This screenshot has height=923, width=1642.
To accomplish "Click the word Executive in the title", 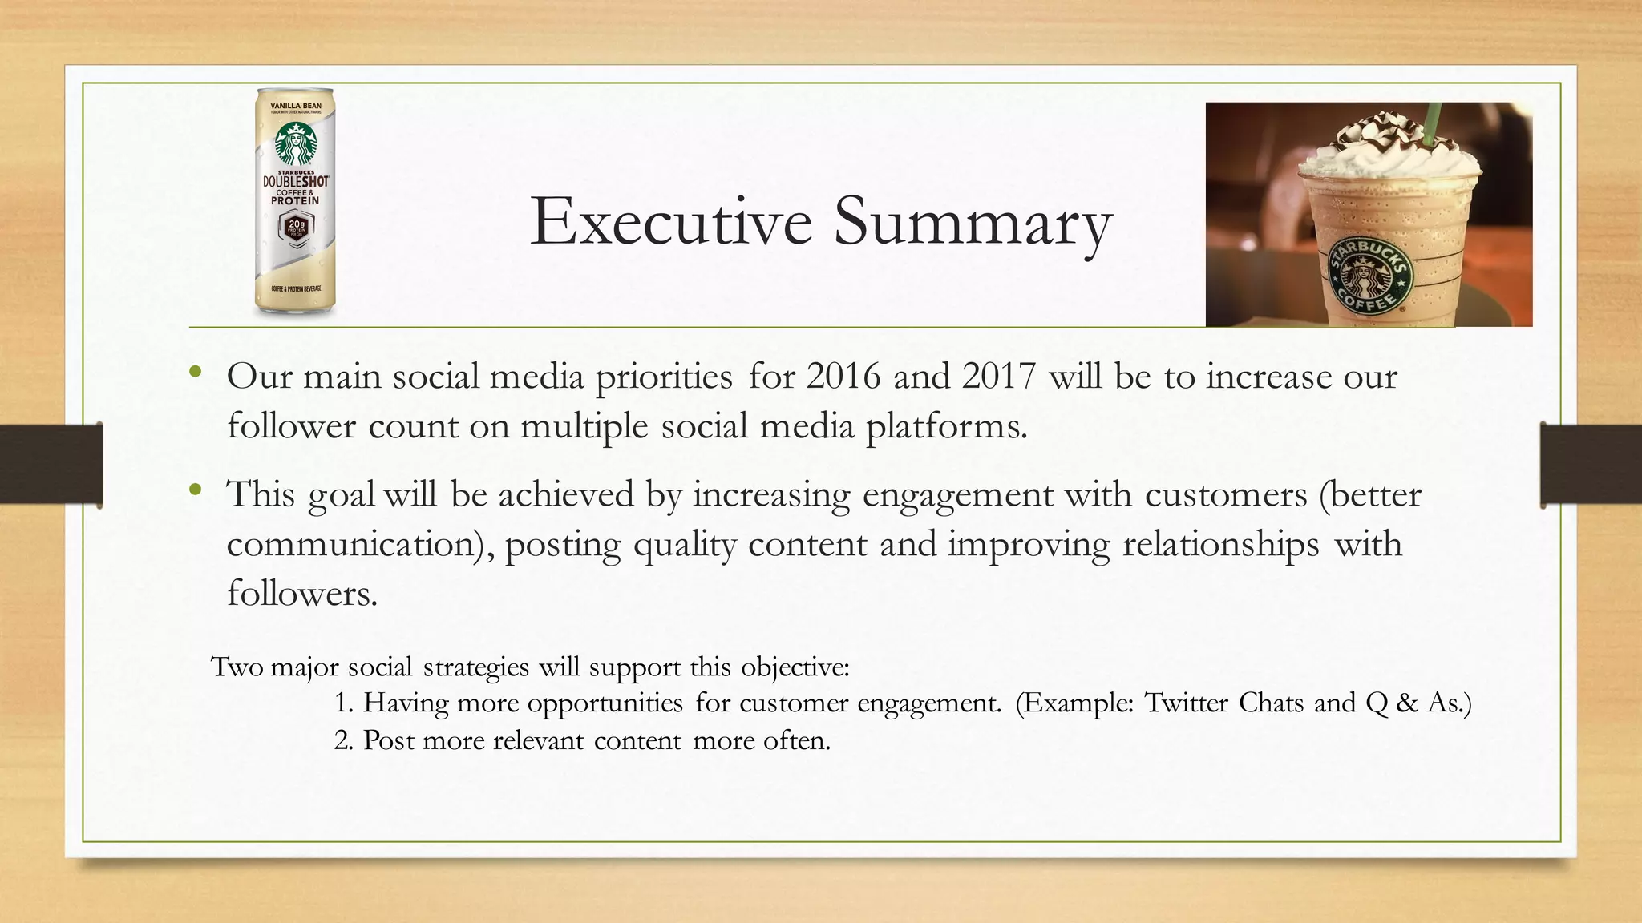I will (670, 221).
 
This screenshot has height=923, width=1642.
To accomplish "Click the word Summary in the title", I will (973, 221).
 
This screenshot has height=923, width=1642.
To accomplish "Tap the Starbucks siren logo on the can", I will (295, 144).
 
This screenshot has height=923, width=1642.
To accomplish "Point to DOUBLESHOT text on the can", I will (295, 182).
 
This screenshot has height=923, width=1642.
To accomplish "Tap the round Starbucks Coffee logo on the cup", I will (1368, 277).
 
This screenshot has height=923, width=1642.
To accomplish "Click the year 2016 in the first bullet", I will (843, 377).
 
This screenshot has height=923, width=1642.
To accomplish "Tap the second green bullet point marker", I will (195, 490).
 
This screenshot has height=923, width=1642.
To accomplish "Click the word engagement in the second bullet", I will (957, 495).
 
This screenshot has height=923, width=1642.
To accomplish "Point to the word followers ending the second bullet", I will (301, 594).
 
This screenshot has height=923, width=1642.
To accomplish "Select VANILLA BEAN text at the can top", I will (295, 106).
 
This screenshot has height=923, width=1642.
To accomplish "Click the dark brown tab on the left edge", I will (51, 465).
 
